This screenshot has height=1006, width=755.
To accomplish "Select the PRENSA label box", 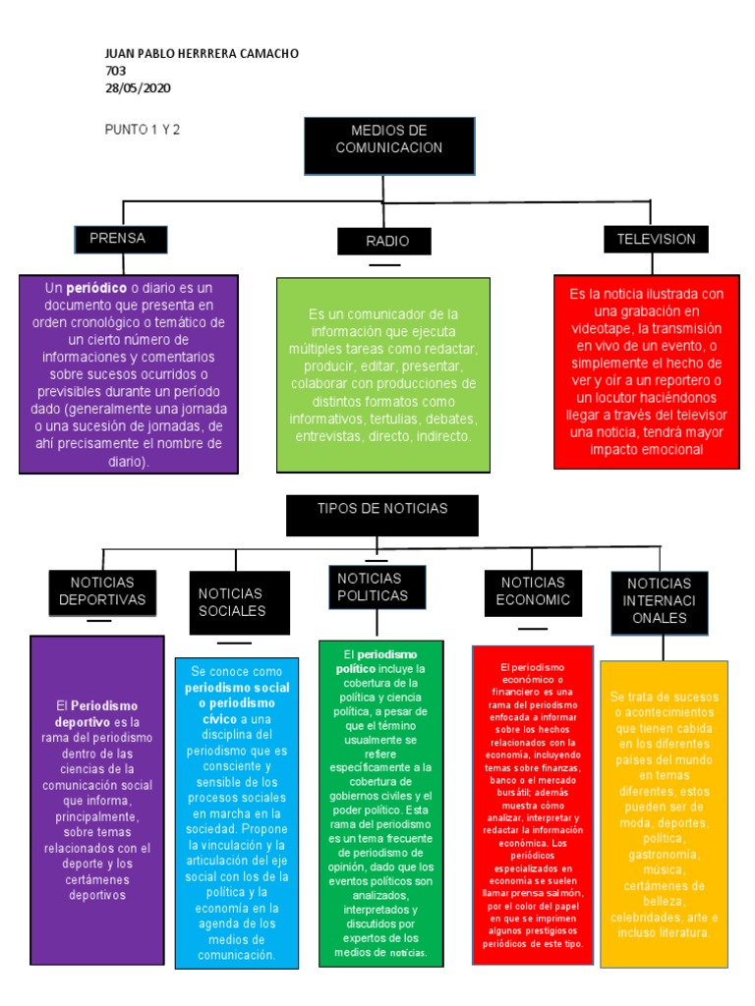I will [121, 238].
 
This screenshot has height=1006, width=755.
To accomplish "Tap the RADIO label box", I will [386, 241].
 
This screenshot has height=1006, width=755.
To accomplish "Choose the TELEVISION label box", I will [656, 239].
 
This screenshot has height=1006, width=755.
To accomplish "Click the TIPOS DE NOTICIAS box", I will [382, 515].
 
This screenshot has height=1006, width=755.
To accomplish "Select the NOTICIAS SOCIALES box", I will [239, 602].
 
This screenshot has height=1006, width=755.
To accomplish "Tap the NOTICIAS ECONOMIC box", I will [533, 591].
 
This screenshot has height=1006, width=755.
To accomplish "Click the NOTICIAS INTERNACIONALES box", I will [659, 600].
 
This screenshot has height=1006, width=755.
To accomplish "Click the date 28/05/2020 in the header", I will [138, 87].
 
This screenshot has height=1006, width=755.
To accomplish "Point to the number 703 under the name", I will [115, 71].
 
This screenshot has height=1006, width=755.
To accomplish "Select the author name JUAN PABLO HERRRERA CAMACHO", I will [201, 53].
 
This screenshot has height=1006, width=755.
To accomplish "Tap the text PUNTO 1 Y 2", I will [143, 129].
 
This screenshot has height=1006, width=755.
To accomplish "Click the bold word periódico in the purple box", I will [96, 288].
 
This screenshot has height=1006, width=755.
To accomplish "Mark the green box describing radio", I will [383, 374].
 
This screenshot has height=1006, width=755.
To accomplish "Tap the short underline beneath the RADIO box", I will [384, 265].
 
